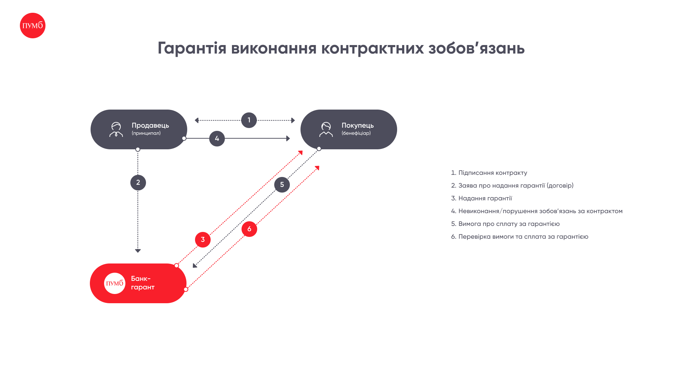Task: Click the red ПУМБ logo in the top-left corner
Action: pos(33,26)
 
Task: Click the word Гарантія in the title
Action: pos(192,48)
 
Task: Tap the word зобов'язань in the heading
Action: pos(476,48)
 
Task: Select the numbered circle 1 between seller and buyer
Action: pos(249,120)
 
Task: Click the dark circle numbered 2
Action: pos(138,183)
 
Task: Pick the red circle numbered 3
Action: pos(203,240)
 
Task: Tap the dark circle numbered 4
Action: pos(217,139)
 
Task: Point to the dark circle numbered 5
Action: pos(282,185)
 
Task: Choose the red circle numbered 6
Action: pos(249,229)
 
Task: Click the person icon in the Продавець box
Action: pos(116,129)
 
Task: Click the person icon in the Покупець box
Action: pos(326,129)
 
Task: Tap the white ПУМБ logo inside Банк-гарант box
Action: pos(115,283)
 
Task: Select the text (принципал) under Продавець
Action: pos(146,133)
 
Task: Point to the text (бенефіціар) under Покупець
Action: pos(356,133)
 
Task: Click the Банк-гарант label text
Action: pos(143,283)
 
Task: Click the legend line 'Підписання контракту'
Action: pos(489,173)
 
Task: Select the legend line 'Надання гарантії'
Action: pos(482,198)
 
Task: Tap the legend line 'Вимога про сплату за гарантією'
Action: pos(505,224)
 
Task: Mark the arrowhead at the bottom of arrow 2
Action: pos(138,251)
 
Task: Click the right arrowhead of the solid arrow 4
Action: pos(288,138)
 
